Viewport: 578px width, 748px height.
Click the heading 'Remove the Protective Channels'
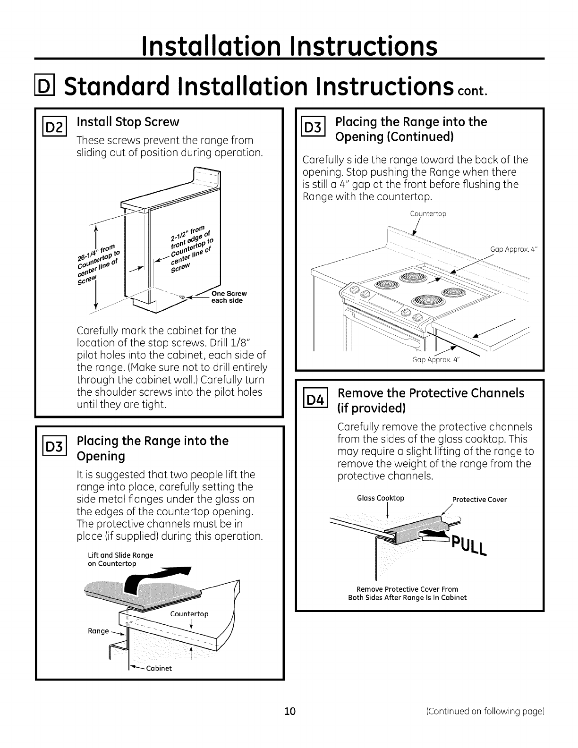pos(431,393)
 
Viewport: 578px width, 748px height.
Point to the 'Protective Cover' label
pos(479,500)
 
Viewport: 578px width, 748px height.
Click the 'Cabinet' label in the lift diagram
pos(159,668)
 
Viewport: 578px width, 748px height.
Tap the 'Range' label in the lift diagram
pos(99,631)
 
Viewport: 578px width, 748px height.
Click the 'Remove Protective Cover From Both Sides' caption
pos(407,593)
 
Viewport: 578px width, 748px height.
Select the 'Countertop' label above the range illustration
pos(428,213)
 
